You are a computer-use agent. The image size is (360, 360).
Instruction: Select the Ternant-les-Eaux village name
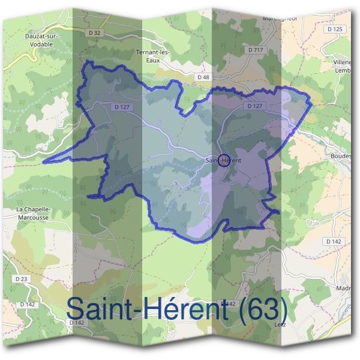click(x=154, y=55)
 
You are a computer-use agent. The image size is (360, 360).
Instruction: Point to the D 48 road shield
click(x=203, y=77)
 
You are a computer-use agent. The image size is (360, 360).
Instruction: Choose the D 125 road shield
click(x=335, y=29)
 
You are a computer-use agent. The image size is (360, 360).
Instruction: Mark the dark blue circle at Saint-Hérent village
click(x=223, y=161)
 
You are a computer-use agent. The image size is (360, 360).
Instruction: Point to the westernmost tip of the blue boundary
click(x=45, y=161)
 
